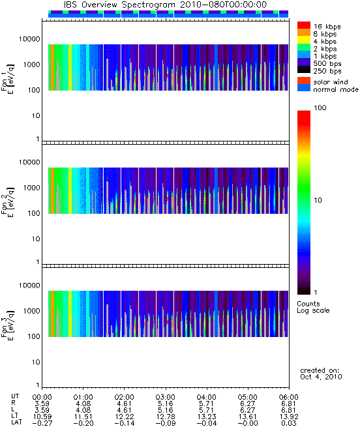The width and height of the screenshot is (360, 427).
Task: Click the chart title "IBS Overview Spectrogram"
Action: [119, 5]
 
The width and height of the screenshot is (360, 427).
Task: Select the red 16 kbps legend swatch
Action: [304, 25]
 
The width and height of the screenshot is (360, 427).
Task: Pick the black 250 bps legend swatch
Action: [304, 70]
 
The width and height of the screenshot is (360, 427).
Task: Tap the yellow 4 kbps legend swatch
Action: [304, 40]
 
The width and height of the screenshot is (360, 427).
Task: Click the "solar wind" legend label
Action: [331, 82]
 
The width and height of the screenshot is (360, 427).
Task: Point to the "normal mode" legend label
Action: [336, 89]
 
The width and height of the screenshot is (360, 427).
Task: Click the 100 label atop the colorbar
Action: [320, 108]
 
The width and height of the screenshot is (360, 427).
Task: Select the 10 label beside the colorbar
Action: [318, 200]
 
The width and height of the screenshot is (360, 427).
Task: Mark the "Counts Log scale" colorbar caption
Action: [313, 307]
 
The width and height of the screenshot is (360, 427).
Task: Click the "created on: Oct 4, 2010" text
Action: [321, 374]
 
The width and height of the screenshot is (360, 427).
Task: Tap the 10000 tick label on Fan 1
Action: [29, 39]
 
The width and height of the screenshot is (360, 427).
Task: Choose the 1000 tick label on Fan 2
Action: [31, 188]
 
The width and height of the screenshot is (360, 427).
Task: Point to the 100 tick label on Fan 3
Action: [34, 336]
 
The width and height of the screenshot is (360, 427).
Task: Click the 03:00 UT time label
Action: [165, 397]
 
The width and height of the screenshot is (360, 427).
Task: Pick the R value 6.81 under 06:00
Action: [289, 404]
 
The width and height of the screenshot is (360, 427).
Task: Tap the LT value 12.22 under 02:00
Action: [125, 417]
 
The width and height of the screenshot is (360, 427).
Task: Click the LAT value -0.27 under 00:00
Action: [42, 424]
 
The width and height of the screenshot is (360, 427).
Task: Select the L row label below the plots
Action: [13, 410]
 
